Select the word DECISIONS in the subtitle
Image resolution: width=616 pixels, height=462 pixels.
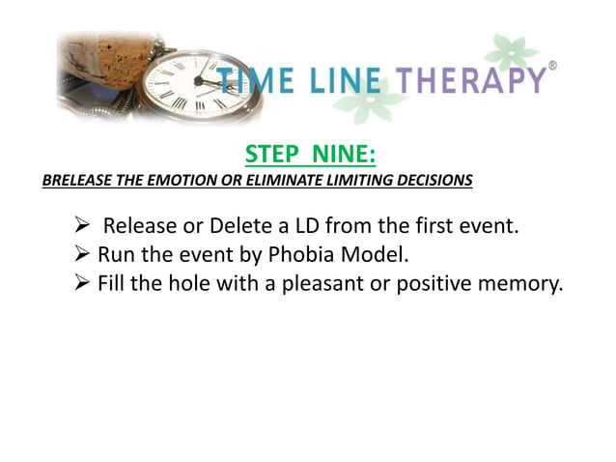pyautogui.click(x=431, y=180)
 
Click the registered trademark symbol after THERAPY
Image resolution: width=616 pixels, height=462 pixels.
pyautogui.click(x=552, y=65)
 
